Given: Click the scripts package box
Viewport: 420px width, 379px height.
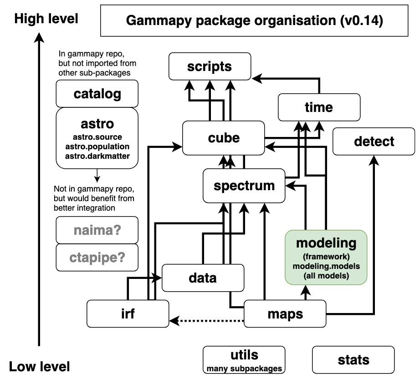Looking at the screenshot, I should (210, 66).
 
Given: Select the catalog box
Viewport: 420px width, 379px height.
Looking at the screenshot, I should (97, 94).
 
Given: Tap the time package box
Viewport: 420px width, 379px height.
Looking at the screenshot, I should (319, 107).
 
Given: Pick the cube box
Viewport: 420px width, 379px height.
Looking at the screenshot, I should (223, 138).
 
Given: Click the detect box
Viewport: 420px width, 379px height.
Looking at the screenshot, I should (374, 141).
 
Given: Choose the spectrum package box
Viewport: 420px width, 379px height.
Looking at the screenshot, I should (244, 186).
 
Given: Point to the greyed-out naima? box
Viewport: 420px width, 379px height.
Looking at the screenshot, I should (97, 230).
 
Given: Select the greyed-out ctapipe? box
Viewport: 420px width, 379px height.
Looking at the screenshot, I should (97, 258).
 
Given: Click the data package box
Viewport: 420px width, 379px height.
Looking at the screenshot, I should (203, 278).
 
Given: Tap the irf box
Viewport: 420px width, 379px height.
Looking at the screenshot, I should (128, 313).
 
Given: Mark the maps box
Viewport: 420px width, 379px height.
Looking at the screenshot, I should (285, 313).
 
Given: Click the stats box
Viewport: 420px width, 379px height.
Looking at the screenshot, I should (353, 360).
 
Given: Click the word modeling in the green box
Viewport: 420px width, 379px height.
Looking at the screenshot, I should (326, 243).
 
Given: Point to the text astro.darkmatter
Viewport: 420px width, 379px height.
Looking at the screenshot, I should (97, 156).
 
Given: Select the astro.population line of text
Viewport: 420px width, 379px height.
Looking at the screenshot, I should (97, 147).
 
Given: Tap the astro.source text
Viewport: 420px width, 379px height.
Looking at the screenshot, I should (97, 137).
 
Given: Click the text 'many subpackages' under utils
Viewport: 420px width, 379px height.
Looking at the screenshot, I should (244, 369).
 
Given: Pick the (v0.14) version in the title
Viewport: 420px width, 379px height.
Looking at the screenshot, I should (361, 21).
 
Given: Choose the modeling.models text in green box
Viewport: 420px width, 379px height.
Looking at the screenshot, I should (326, 266).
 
